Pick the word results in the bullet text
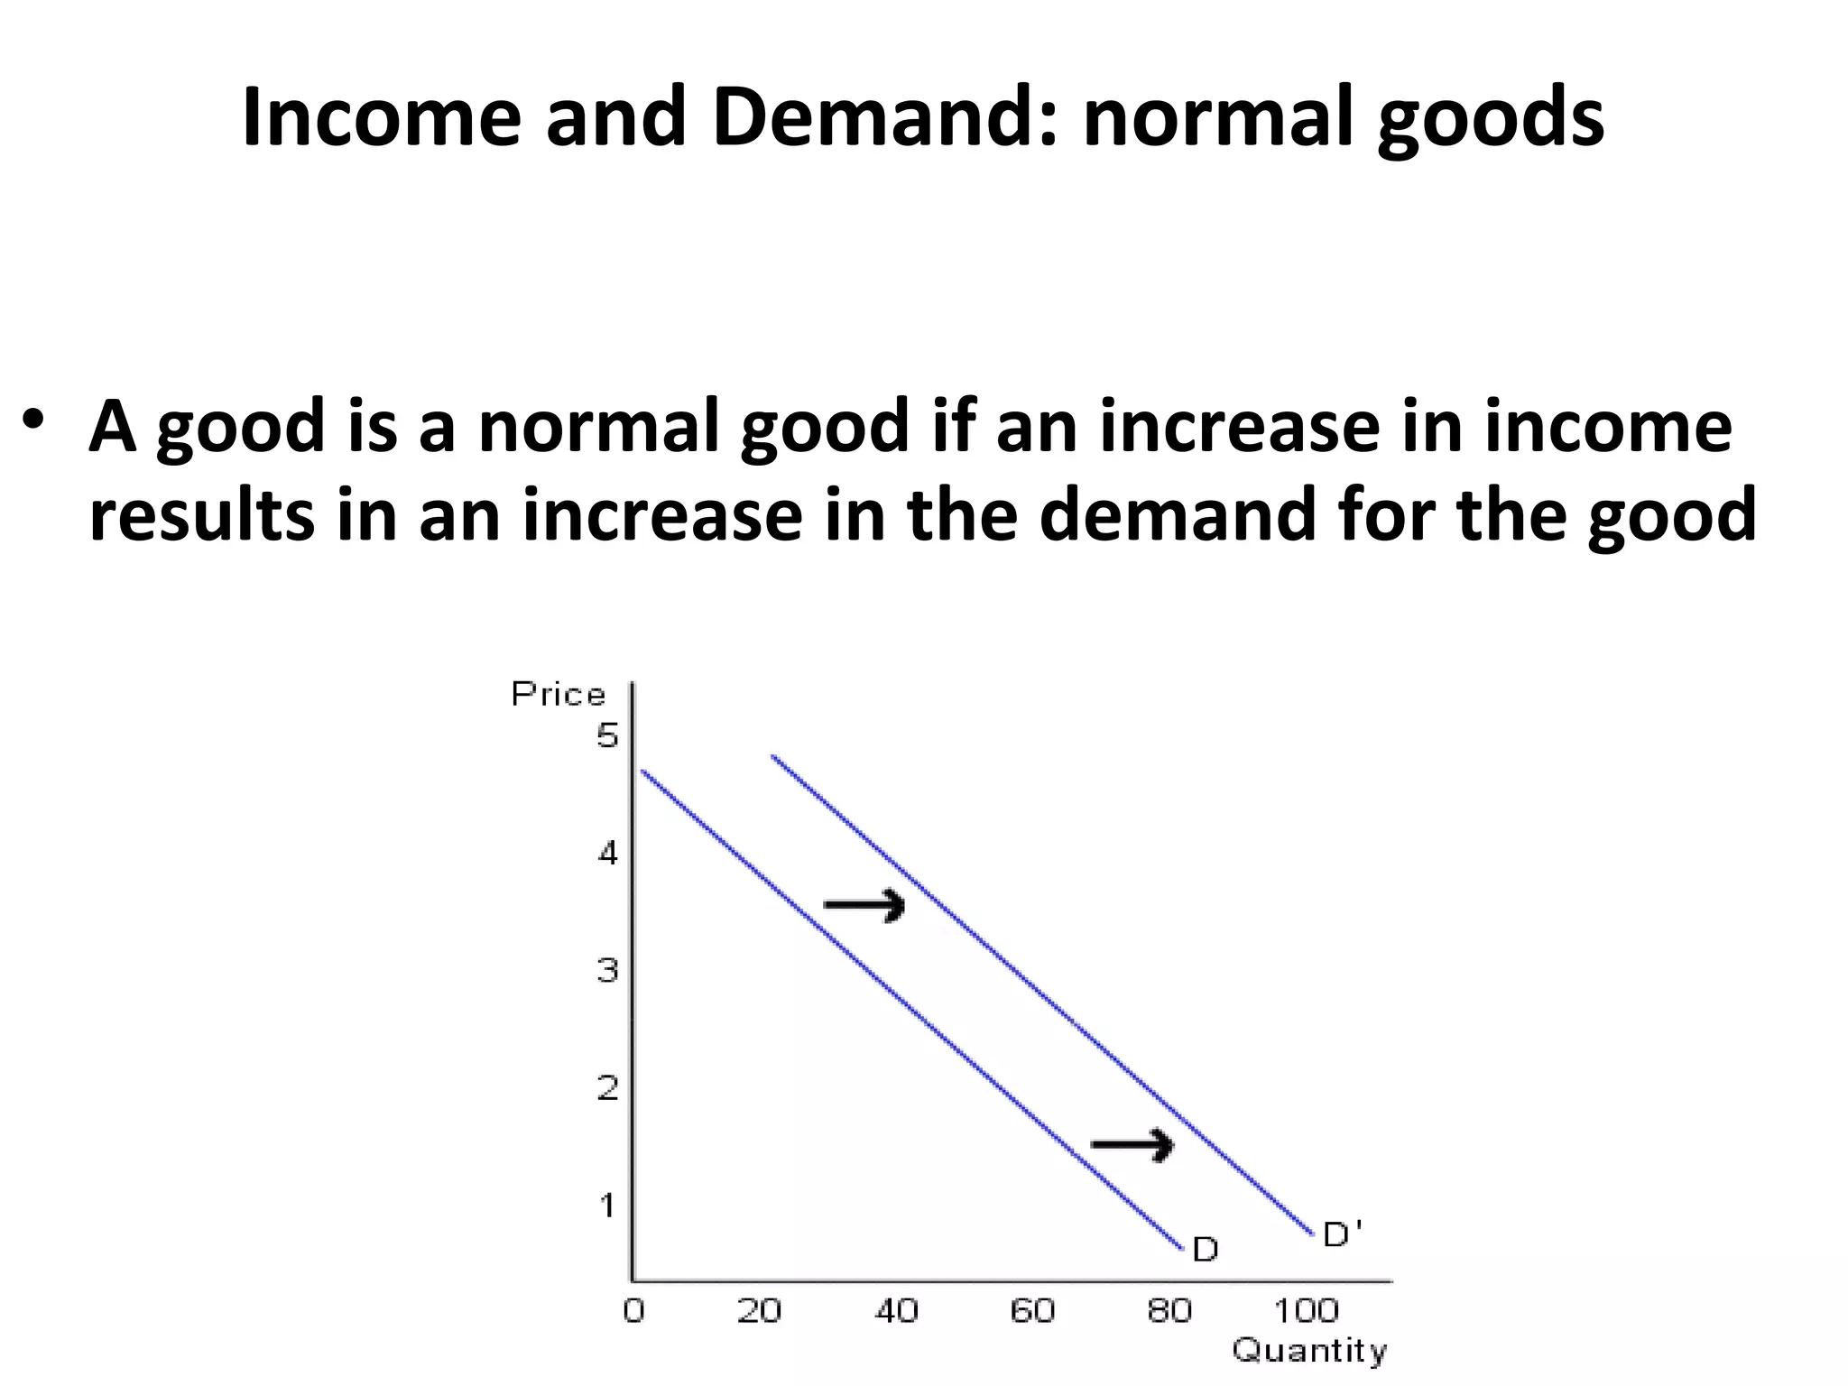click(202, 513)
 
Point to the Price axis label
click(558, 694)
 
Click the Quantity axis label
click(1308, 1351)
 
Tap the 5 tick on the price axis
click(607, 736)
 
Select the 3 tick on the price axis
click(607, 971)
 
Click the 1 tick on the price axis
click(607, 1205)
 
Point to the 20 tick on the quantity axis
click(759, 1310)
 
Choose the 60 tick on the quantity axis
click(1032, 1310)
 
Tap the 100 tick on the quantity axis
click(1306, 1310)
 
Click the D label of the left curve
click(1206, 1250)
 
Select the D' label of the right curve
click(1342, 1234)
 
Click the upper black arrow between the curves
click(864, 904)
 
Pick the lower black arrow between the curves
click(1132, 1145)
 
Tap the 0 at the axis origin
click(634, 1310)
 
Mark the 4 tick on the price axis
click(607, 853)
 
